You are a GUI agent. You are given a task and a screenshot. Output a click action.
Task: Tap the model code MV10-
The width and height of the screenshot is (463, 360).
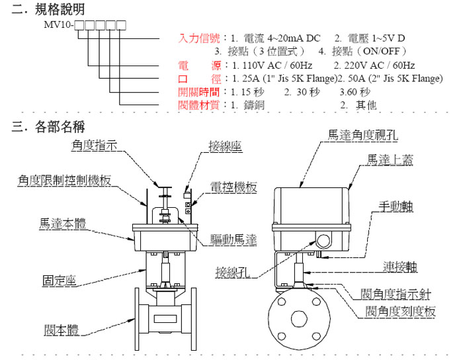[x=58, y=25]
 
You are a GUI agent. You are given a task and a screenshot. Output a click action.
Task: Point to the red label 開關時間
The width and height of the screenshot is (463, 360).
[x=198, y=92]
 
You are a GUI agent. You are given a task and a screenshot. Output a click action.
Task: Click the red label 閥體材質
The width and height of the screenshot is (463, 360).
[x=198, y=105]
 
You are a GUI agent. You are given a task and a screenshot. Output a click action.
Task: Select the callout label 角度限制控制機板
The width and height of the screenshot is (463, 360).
[x=62, y=179]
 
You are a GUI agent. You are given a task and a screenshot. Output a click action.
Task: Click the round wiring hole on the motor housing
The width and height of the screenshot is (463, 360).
[x=323, y=240]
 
